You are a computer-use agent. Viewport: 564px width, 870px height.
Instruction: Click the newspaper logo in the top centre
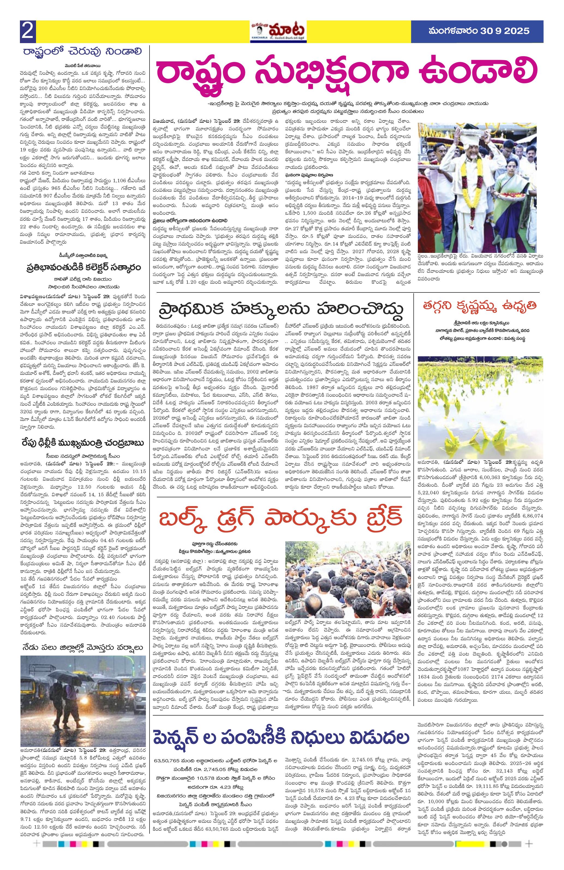[x=278, y=31]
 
